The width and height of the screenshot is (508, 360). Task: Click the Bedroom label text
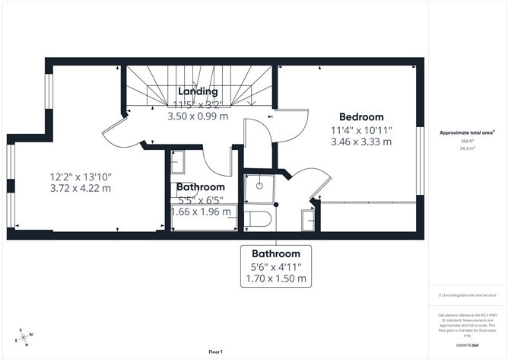tap(361, 116)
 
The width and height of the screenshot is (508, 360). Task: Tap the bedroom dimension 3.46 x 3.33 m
tap(361, 141)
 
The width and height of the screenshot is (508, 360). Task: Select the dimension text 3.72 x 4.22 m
tap(80, 188)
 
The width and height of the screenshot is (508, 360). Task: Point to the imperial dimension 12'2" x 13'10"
tap(80, 176)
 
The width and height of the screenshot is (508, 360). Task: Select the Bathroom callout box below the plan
tap(275, 266)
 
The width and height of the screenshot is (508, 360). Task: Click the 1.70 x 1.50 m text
tap(275, 279)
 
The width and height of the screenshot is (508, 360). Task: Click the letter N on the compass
tap(27, 345)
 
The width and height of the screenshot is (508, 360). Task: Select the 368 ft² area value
tap(467, 141)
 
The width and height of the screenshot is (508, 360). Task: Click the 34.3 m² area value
tap(467, 149)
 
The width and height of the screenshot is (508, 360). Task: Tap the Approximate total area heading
tap(467, 132)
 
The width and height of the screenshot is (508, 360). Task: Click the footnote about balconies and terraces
tap(467, 295)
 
